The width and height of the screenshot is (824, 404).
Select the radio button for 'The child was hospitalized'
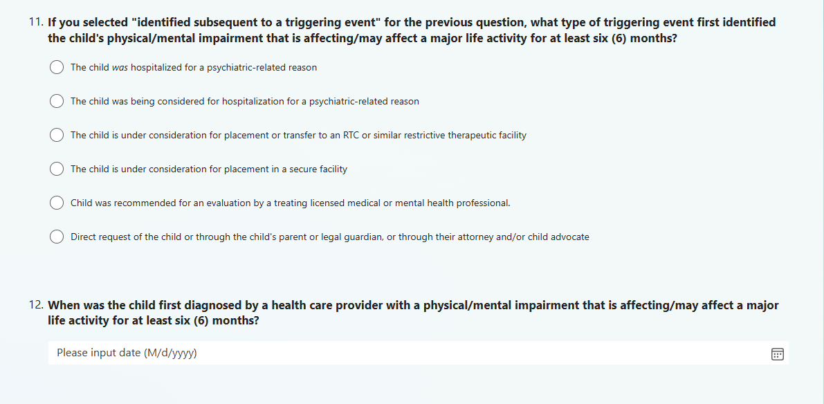(x=57, y=67)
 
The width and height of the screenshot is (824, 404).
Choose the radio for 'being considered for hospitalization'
(x=57, y=101)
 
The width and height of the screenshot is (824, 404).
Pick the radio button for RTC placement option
(x=57, y=135)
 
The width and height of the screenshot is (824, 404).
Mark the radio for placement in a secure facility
(x=57, y=169)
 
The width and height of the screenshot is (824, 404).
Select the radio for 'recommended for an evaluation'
(x=57, y=203)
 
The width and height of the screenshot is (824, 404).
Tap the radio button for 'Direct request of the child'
(x=57, y=237)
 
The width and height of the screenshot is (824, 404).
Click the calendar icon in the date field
(x=777, y=354)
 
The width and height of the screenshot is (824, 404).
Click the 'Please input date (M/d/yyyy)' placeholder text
(x=127, y=353)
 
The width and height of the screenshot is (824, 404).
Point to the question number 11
(x=36, y=22)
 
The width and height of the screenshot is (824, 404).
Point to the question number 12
(x=36, y=305)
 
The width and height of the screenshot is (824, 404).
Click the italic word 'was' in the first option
(x=120, y=68)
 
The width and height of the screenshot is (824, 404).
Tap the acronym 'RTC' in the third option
(x=351, y=135)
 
